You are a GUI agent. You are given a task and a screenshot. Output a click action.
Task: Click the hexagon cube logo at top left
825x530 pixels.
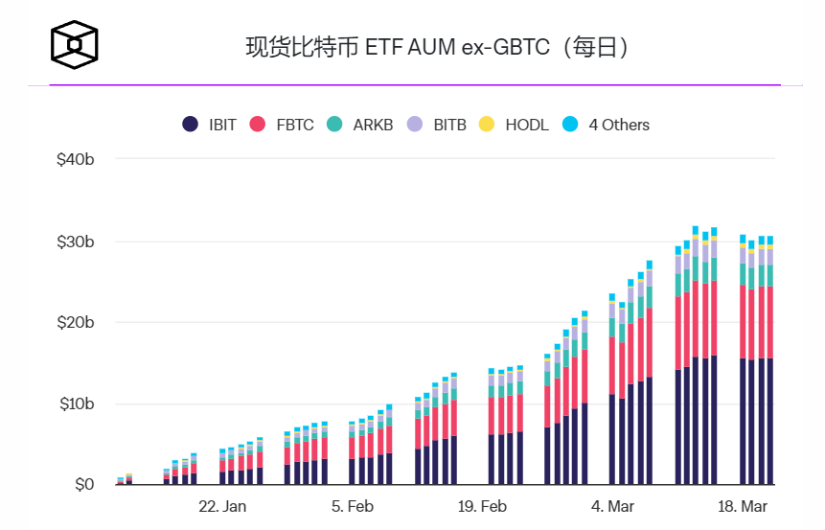pos(75,44)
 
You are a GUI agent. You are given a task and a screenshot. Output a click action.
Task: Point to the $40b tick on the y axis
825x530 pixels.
pos(76,159)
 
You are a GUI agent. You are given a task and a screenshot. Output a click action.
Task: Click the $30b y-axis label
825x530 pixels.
pos(76,242)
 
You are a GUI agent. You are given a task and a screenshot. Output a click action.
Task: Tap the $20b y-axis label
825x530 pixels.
pos(76,322)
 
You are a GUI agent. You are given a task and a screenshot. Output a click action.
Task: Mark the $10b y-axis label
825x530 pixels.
pos(76,403)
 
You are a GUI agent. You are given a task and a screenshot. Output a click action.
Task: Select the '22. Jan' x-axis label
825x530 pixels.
pos(222,506)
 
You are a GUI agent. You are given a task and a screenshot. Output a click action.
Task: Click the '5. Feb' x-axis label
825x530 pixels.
pos(353,506)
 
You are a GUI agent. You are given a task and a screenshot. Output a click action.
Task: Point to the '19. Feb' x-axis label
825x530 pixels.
pos(482,506)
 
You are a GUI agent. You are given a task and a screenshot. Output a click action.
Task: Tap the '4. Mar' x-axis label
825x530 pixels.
pos(612,506)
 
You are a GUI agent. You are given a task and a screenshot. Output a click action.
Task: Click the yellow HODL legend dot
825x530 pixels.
pos(487,125)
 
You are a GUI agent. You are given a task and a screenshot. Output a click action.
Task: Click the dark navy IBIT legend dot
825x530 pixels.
pos(190,125)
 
